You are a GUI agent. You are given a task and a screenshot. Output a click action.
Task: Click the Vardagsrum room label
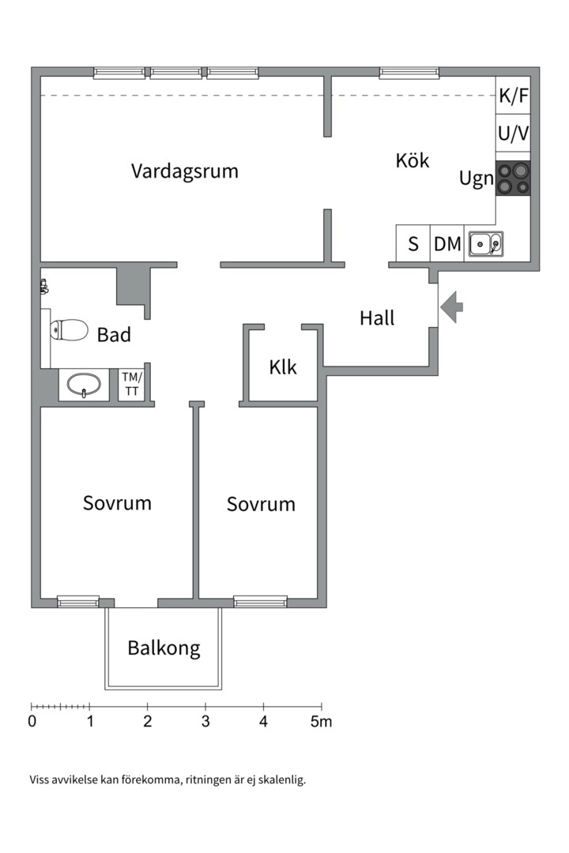[x=185, y=171]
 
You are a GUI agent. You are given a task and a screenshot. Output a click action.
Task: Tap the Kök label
[x=413, y=160]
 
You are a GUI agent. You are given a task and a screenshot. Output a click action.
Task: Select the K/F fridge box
[x=513, y=96]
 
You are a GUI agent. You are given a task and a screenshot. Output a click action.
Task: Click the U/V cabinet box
[x=513, y=133]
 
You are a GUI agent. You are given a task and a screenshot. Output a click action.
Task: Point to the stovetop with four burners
[x=513, y=178]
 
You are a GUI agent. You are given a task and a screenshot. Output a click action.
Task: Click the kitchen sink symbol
[x=486, y=244]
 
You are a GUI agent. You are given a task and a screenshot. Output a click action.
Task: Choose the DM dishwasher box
[x=447, y=244]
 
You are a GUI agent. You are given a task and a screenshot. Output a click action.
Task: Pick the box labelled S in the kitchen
[x=413, y=244]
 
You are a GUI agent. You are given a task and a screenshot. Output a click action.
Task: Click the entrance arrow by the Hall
[x=451, y=306]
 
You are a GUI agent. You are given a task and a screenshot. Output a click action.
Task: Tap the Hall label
[x=377, y=318]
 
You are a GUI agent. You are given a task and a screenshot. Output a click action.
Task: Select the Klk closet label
[x=283, y=367]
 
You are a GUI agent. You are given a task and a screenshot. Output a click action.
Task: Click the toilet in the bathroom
[x=69, y=329]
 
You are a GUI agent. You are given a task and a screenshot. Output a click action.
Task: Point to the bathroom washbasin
[x=84, y=385]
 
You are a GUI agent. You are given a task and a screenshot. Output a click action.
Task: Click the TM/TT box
[x=131, y=385]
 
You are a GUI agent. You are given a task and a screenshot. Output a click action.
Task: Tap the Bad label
[x=114, y=335]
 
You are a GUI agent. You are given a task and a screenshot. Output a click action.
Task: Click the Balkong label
[x=164, y=648]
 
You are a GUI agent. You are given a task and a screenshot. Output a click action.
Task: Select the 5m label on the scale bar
[x=322, y=721]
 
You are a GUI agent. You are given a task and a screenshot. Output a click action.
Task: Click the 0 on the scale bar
[x=32, y=721]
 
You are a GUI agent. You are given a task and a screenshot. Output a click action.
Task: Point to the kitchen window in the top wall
[x=409, y=73]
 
